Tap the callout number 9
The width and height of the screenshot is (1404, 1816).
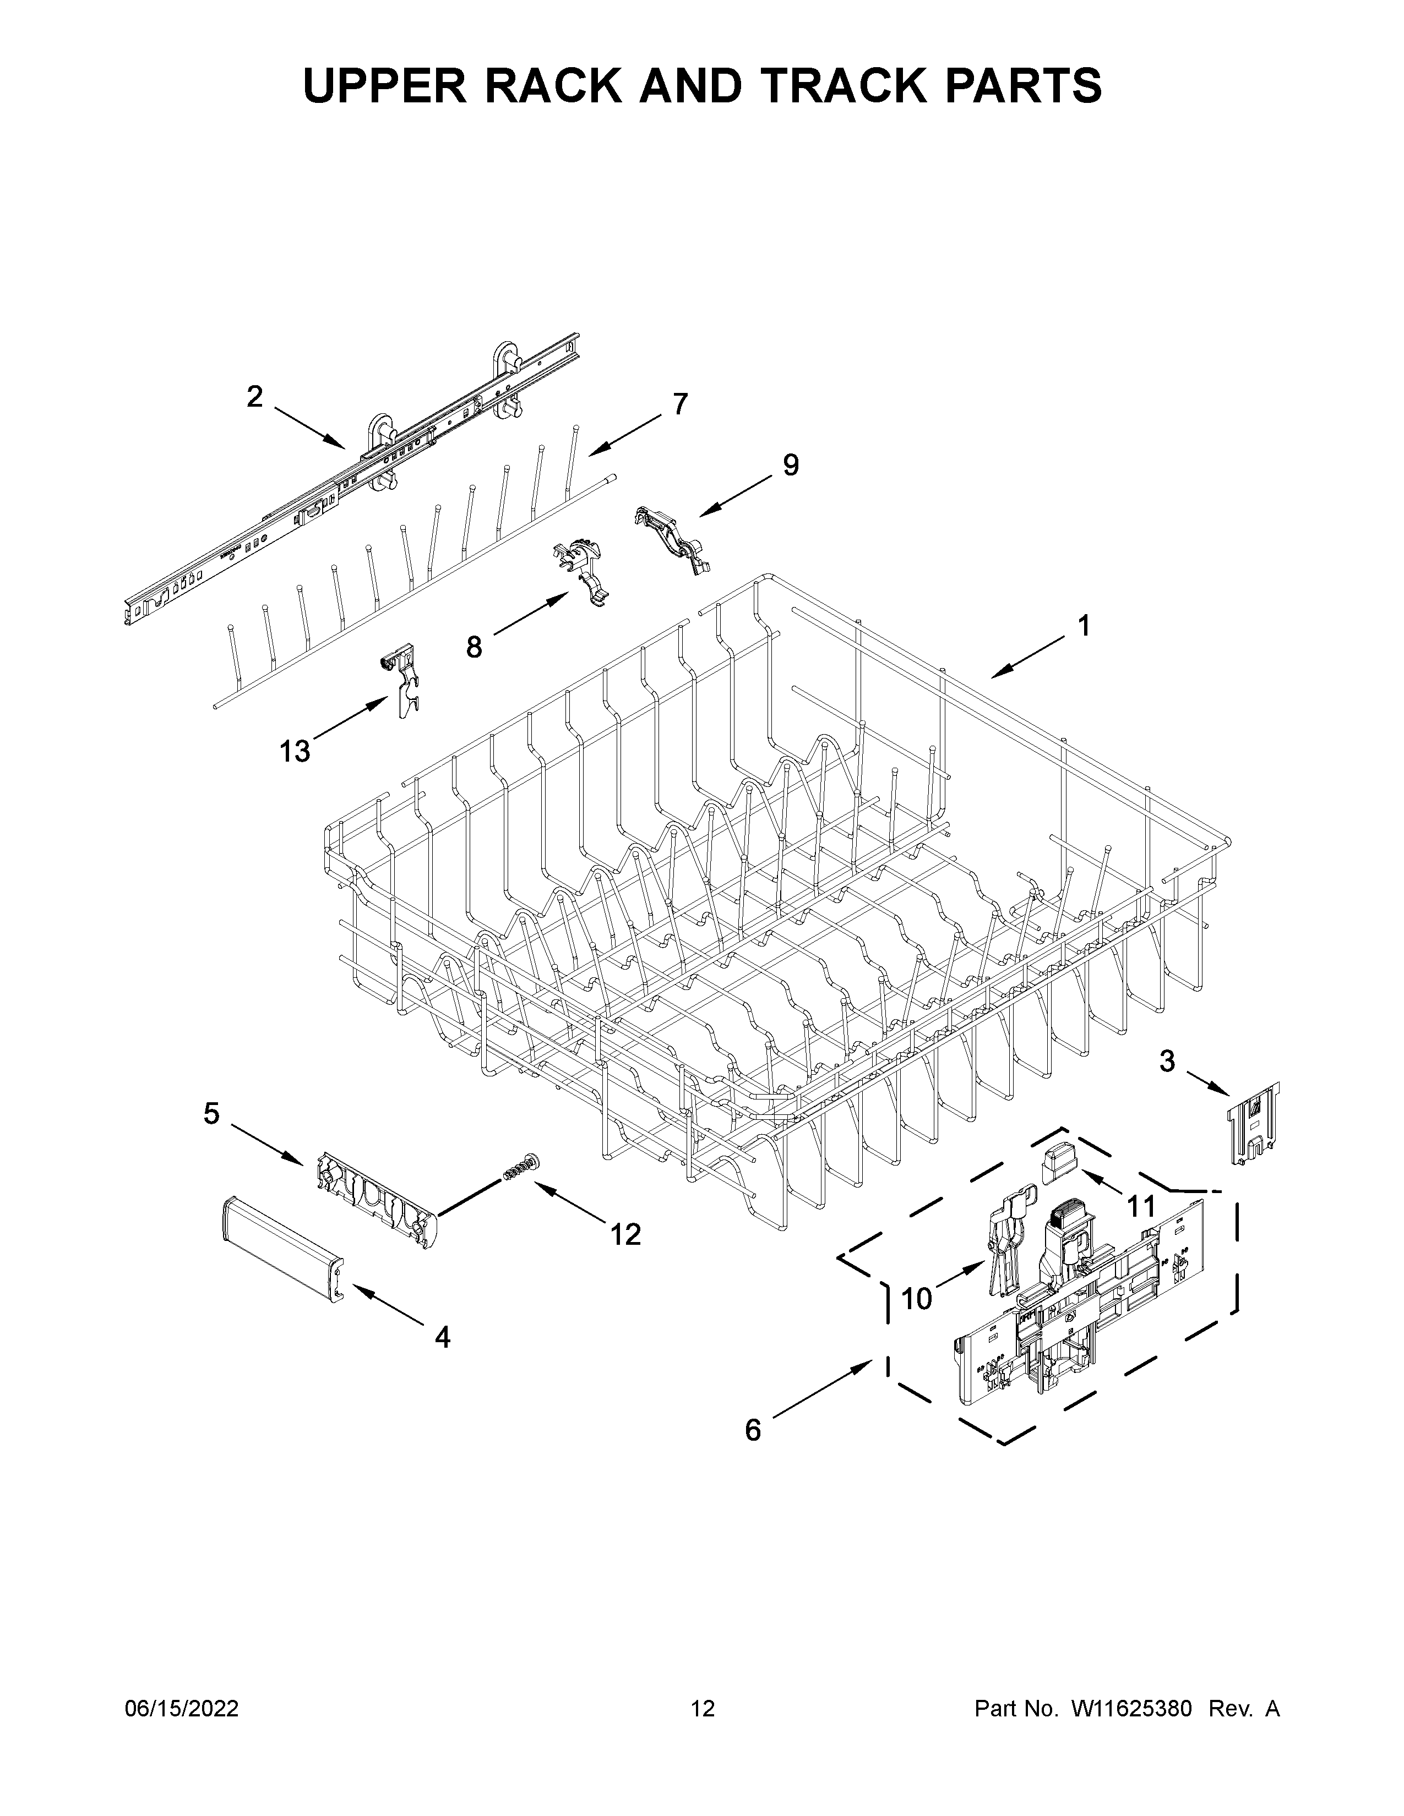[x=790, y=465]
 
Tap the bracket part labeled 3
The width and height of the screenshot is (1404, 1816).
[x=1254, y=1123]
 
